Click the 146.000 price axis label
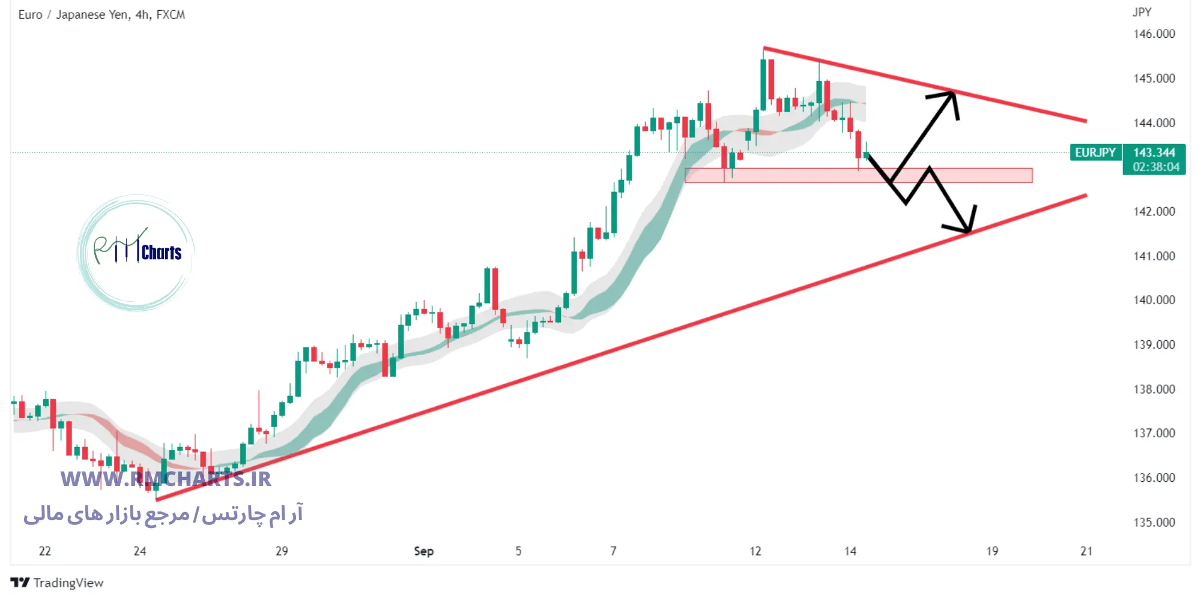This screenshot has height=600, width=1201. point(1154,34)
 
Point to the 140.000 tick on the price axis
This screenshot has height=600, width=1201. point(1154,300)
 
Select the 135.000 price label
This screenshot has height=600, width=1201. point(1154,522)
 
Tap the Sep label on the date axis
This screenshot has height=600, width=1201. point(423,551)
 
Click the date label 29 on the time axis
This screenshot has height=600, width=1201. point(282,551)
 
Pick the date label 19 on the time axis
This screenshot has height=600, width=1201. point(992,551)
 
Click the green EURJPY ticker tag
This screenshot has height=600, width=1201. point(1095,152)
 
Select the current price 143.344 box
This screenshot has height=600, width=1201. point(1154,152)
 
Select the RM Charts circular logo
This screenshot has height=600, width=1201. point(137,252)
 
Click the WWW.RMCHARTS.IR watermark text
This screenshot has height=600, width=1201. point(166,479)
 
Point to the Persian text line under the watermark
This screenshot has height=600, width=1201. point(163,515)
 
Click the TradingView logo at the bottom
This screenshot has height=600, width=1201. point(57,583)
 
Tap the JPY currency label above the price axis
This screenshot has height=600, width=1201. point(1142,12)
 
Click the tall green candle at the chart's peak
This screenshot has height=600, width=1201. point(763,84)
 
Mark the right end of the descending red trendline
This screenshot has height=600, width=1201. point(1085,121)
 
